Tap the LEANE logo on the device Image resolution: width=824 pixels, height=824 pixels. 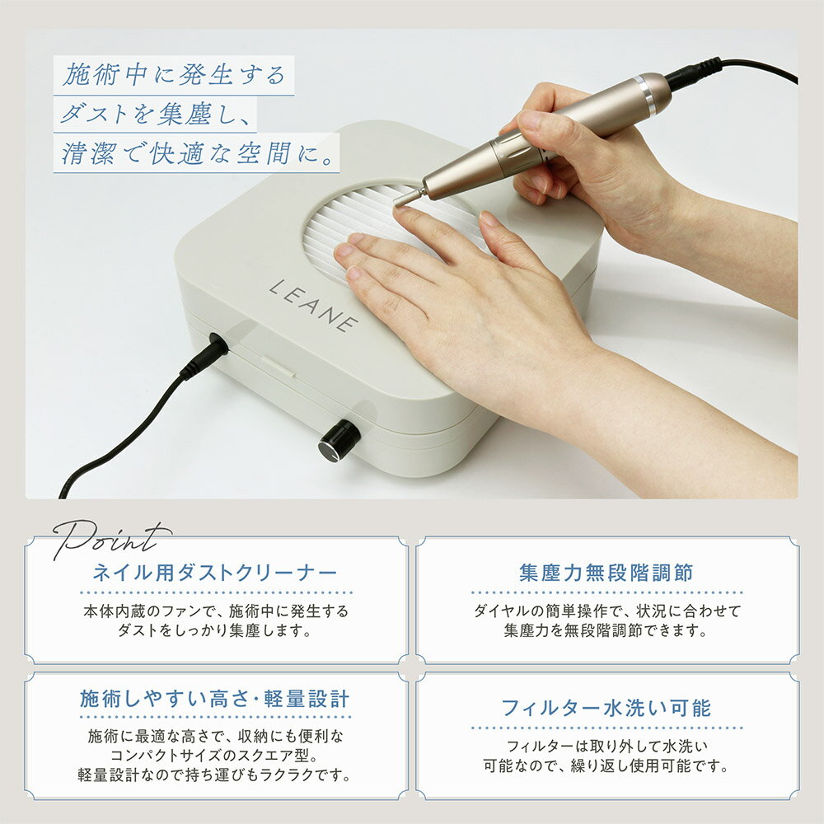click(314, 306)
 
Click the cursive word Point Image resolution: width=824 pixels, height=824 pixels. click(111, 539)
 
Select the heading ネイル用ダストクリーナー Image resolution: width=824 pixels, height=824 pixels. click(215, 573)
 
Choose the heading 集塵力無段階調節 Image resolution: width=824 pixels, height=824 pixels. click(606, 573)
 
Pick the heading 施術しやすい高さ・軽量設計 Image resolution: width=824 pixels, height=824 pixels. click(215, 700)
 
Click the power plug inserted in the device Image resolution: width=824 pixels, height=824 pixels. click(208, 353)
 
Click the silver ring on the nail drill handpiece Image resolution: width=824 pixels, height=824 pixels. click(645, 95)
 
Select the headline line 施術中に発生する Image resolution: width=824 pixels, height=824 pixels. click(174, 75)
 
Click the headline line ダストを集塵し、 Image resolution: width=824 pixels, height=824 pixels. click(156, 114)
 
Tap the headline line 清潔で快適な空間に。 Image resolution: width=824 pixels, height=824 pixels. click(198, 153)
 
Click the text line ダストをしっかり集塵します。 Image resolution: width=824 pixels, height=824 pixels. click(215, 630)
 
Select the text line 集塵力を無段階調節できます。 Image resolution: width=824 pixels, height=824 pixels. click(606, 630)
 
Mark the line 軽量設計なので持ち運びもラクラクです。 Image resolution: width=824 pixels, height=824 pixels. click(215, 775)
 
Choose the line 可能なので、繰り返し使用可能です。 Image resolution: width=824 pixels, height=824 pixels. click(606, 765)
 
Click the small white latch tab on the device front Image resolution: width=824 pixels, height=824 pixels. click(278, 367)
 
